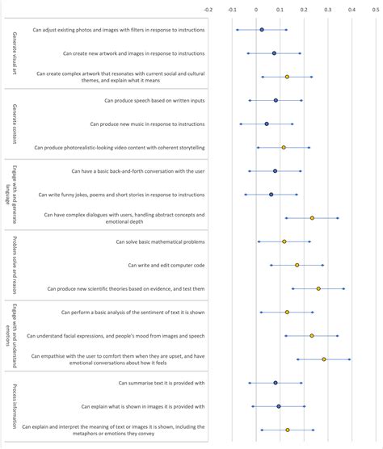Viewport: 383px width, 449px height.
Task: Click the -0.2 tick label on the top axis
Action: (x=208, y=11)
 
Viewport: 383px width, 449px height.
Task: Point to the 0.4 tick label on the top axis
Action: (x=351, y=11)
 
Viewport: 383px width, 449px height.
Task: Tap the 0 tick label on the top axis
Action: (x=256, y=11)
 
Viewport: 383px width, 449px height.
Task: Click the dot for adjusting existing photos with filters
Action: (x=261, y=30)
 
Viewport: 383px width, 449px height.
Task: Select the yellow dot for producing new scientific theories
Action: (x=318, y=288)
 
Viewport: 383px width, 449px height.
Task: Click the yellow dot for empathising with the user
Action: (x=324, y=359)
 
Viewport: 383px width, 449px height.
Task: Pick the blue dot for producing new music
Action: (x=267, y=124)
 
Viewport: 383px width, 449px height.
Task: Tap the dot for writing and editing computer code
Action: (x=297, y=265)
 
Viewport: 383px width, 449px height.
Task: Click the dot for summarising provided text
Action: (x=276, y=384)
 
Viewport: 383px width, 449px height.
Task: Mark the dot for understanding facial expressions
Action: (x=312, y=336)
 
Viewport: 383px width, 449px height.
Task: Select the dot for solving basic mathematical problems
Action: (x=284, y=241)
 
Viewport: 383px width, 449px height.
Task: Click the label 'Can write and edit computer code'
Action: (x=166, y=265)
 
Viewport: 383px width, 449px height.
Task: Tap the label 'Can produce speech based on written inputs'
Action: (x=154, y=101)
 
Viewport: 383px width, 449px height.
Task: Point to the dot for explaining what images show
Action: (x=279, y=407)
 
